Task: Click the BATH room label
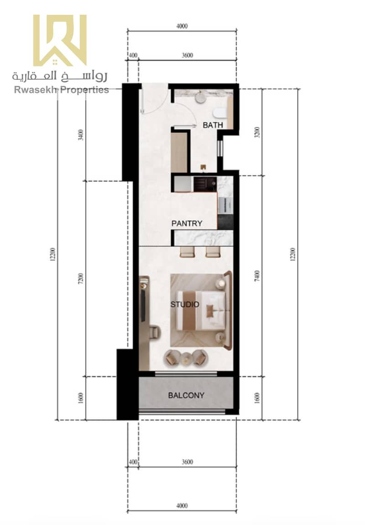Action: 213,125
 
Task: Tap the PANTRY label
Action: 187,224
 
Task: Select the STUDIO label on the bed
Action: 185,304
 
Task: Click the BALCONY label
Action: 186,395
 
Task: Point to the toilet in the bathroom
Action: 219,113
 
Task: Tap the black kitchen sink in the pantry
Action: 205,184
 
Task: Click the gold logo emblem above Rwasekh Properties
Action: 60,40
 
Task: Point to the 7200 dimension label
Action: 80,279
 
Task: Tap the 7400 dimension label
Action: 257,276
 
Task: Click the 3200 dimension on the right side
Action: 257,132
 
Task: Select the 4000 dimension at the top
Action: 182,26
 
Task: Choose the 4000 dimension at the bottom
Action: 182,505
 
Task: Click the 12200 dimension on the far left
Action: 52,255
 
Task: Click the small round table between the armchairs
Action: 186,357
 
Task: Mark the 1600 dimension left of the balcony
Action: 80,398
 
